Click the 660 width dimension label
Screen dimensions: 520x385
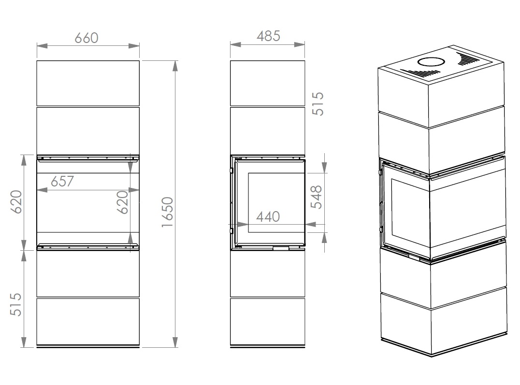coord(87,38)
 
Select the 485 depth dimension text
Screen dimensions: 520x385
coord(268,36)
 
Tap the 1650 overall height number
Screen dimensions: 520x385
coord(168,212)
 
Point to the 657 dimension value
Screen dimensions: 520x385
coord(62,182)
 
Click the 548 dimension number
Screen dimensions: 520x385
coord(317,197)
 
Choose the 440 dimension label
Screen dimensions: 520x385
coord(268,217)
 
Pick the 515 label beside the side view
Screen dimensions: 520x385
coord(318,103)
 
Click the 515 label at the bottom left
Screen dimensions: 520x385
coord(16,304)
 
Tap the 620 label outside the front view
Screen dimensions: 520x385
coord(16,201)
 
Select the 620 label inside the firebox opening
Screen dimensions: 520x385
coord(123,202)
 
